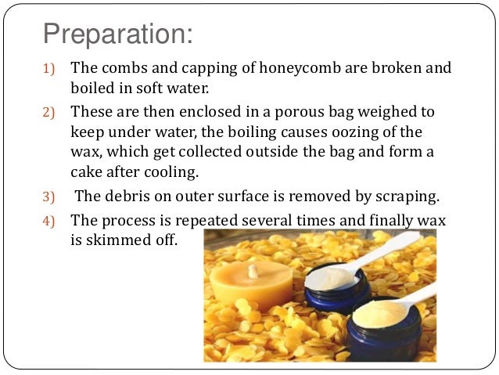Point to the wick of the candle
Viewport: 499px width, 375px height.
(x=253, y=269)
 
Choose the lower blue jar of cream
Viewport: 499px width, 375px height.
(x=384, y=329)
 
